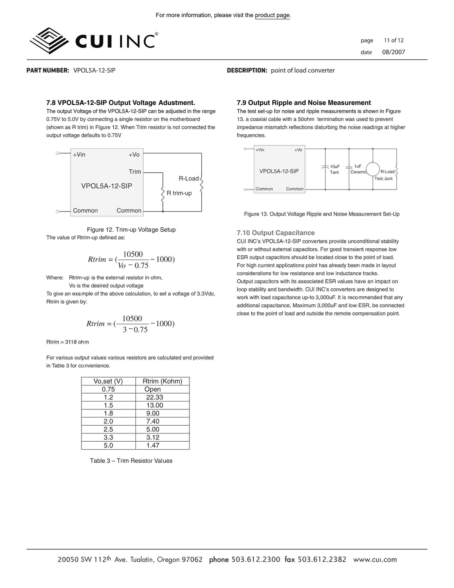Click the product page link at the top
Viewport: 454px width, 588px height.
(x=272, y=15)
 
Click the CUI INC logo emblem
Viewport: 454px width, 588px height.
(x=49, y=41)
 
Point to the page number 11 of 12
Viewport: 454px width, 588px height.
(x=393, y=40)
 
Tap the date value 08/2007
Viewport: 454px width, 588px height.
(x=393, y=52)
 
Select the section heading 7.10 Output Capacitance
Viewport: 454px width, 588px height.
(x=276, y=233)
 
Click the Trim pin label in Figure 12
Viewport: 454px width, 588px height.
(x=135, y=172)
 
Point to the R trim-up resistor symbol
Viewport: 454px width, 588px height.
(x=163, y=195)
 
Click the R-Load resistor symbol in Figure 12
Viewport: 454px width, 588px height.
(x=201, y=184)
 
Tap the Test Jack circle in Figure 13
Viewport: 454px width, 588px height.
(x=373, y=169)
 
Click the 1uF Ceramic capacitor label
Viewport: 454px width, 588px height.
(x=358, y=169)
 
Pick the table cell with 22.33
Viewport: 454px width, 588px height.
(x=155, y=397)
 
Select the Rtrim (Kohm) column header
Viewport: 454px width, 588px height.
(x=162, y=381)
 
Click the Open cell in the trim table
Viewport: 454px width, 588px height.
(x=153, y=389)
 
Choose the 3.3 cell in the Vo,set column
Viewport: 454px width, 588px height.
(x=108, y=437)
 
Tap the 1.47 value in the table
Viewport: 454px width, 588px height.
(x=153, y=446)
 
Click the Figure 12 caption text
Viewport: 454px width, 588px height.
(x=131, y=230)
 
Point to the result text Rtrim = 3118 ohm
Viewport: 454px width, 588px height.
(x=67, y=342)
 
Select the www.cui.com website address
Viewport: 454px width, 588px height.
(x=375, y=560)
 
